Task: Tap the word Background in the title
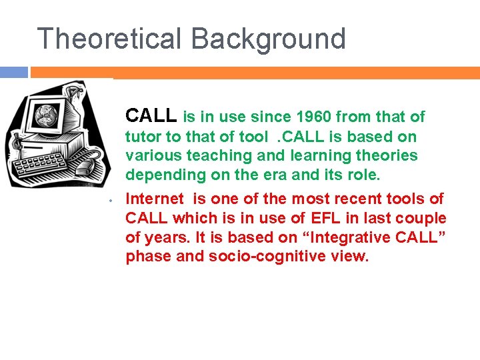[269, 39]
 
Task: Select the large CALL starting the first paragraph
[151, 116]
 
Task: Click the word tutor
[144, 137]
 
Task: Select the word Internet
[154, 199]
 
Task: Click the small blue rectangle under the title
[14, 72]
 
